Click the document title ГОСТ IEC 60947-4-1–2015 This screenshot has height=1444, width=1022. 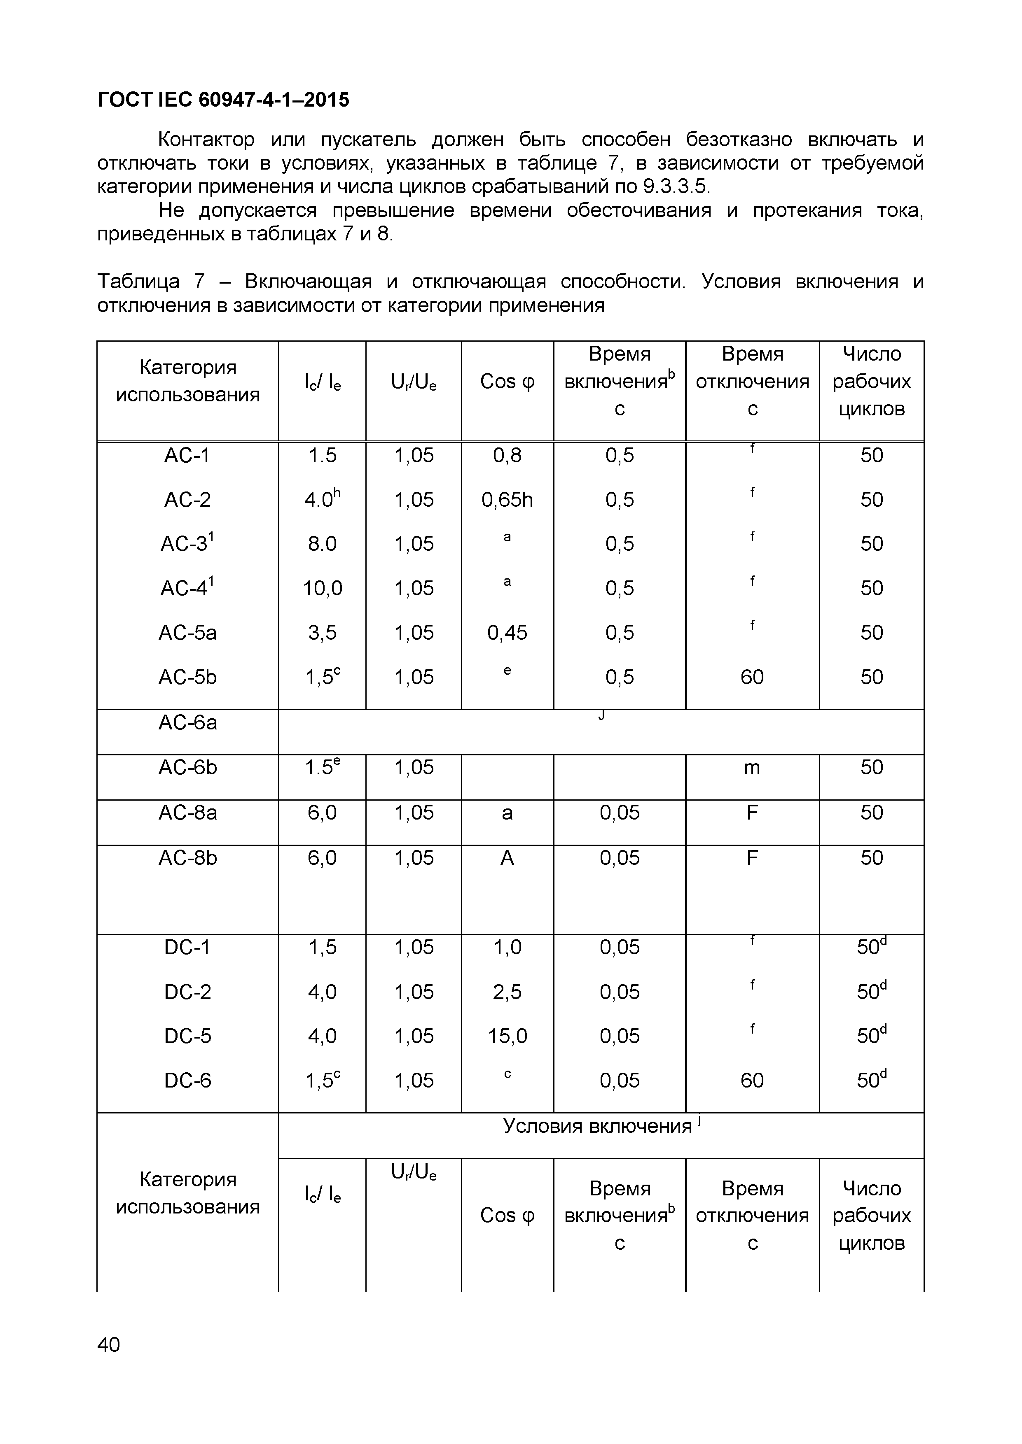click(x=223, y=99)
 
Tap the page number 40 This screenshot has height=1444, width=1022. click(x=109, y=1345)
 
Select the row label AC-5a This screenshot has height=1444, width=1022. click(x=187, y=633)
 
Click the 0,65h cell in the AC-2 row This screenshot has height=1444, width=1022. click(x=507, y=500)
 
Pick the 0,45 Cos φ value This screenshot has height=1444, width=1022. click(x=507, y=633)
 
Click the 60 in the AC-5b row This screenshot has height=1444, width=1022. click(x=752, y=678)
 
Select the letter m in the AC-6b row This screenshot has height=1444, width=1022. click(x=752, y=768)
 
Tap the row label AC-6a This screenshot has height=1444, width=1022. click(x=187, y=723)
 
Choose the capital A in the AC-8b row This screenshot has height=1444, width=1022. click(x=507, y=859)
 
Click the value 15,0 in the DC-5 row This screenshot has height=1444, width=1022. click(x=507, y=1036)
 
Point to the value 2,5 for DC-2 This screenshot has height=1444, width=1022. click(x=507, y=992)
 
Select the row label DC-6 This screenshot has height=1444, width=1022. click(x=187, y=1081)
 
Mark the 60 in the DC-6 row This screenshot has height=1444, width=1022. click(x=752, y=1081)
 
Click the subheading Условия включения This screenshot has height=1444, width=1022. click(x=598, y=1126)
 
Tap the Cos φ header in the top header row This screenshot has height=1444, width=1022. click(x=507, y=382)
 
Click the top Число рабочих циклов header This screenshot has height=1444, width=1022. click(x=872, y=382)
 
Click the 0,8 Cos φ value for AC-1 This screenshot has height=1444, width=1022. click(x=507, y=455)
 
